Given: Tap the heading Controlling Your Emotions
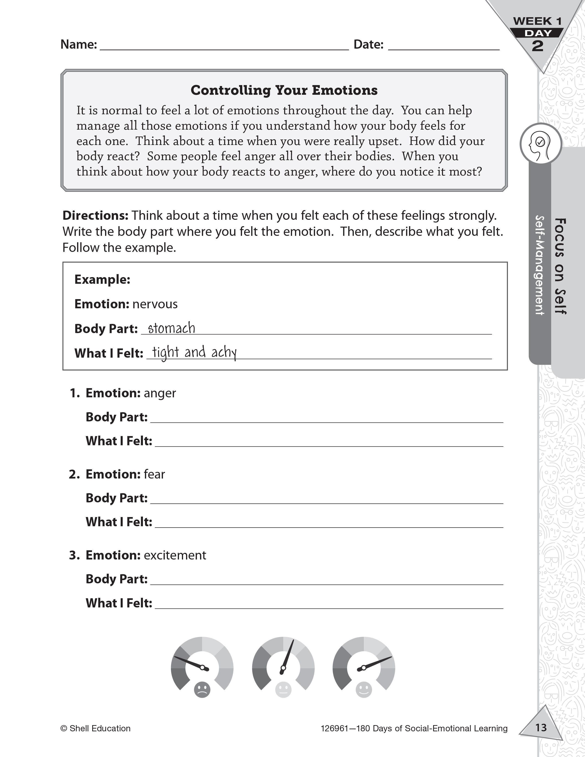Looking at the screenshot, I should (x=284, y=90).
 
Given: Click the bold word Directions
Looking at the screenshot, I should (x=95, y=216).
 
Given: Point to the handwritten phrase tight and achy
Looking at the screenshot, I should (x=194, y=353).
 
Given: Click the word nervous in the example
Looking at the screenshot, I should (x=155, y=304).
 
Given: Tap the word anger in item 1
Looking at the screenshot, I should (x=160, y=393).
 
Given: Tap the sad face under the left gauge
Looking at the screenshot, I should (x=202, y=690).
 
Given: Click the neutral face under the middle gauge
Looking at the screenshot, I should (x=283, y=690).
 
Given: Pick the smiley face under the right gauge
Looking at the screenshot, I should (x=364, y=690).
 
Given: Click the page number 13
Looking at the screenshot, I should (x=541, y=727).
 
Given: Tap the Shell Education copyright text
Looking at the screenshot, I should (x=96, y=728).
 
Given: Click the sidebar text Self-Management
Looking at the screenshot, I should (x=539, y=265).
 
